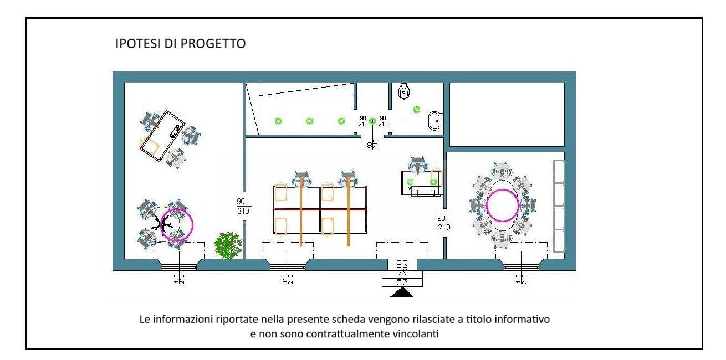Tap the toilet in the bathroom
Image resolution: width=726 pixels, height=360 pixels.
click(403, 91)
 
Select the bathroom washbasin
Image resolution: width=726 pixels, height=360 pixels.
click(435, 121)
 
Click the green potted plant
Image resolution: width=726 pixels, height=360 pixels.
click(228, 245)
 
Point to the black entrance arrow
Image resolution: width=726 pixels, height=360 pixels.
click(402, 292)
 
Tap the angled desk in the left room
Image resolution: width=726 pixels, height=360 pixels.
click(162, 136)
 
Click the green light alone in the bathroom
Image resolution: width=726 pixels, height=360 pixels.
click(417, 110)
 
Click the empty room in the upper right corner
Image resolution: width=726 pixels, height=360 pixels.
click(507, 115)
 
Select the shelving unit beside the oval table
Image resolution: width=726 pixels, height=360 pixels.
click(559, 206)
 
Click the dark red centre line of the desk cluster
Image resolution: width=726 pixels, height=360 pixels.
click(320, 209)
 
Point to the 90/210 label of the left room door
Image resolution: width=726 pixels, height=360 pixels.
click(243, 207)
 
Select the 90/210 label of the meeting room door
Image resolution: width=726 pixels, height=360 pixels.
click(444, 223)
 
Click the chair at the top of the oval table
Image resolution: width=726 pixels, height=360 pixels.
click(502, 170)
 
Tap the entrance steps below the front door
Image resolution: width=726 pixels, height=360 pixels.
click(402, 279)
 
